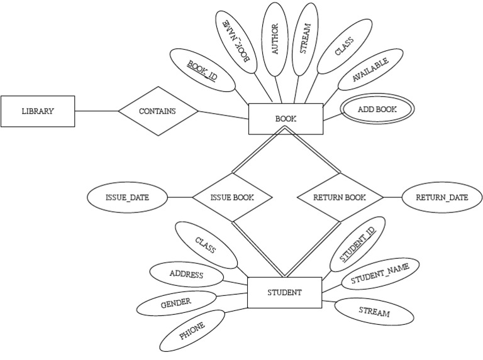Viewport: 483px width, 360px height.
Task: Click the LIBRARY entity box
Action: click(x=37, y=111)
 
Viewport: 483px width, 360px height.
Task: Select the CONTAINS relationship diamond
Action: click(x=158, y=111)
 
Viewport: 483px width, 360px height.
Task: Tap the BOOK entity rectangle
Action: click(x=286, y=119)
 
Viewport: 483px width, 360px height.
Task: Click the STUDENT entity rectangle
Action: click(x=284, y=292)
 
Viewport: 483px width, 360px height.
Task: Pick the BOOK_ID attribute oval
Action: click(x=203, y=68)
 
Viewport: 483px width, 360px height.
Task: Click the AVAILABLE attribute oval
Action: click(x=370, y=70)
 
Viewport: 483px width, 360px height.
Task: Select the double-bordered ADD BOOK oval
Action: click(x=377, y=109)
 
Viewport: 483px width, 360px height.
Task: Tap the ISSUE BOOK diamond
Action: click(x=232, y=197)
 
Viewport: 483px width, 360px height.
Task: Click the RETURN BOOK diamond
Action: click(x=340, y=197)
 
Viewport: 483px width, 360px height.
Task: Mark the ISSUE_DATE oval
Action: click(x=127, y=197)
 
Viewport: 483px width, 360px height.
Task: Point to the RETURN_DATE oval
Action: click(x=442, y=197)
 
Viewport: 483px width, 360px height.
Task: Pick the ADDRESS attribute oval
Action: click(x=186, y=275)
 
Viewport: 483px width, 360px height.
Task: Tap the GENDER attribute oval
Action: click(x=175, y=303)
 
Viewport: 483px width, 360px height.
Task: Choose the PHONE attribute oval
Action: click(x=192, y=330)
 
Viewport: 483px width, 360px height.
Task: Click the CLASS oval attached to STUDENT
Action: click(x=206, y=246)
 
